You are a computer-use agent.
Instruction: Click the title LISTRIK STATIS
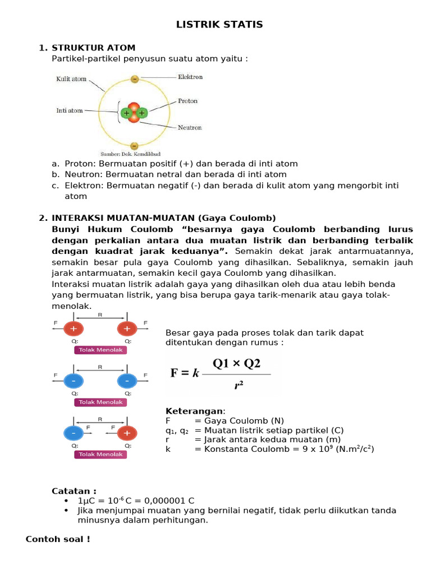pos(219,25)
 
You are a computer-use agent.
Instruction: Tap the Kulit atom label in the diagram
pos(71,79)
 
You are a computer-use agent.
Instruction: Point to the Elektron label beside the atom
pos(190,77)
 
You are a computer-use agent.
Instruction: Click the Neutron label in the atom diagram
pos(190,127)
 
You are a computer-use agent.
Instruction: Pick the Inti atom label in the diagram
pos(70,110)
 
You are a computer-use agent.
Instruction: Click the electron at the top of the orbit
pos(134,79)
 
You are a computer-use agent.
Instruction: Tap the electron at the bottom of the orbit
pos(134,146)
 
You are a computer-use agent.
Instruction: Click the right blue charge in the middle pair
pos(127,381)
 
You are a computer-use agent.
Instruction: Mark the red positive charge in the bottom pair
pos(127,433)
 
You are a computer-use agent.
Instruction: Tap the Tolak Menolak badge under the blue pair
pos(100,402)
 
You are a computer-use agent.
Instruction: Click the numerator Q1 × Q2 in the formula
pos(236,364)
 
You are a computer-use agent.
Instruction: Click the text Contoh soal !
pos(58,539)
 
